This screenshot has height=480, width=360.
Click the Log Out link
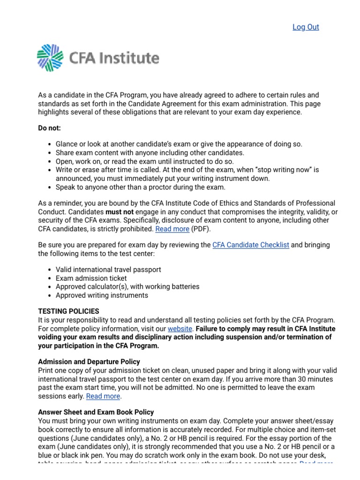click(x=306, y=27)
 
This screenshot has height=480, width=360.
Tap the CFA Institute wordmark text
click(x=114, y=59)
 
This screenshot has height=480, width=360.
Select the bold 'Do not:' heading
click(x=49, y=128)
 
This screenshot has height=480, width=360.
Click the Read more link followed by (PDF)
click(x=172, y=229)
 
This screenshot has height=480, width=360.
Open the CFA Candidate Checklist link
click(x=251, y=245)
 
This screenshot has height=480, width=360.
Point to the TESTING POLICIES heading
click(x=68, y=311)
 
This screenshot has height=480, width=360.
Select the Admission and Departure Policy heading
click(x=89, y=362)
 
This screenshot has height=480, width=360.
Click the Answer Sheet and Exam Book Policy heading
click(x=96, y=412)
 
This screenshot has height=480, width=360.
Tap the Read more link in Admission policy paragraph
click(x=103, y=396)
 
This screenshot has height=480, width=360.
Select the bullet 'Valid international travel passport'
click(x=108, y=270)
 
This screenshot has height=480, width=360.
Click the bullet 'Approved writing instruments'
click(x=102, y=295)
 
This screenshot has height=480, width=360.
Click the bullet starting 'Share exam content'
click(x=150, y=153)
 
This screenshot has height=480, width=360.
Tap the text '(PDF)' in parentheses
click(x=202, y=229)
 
